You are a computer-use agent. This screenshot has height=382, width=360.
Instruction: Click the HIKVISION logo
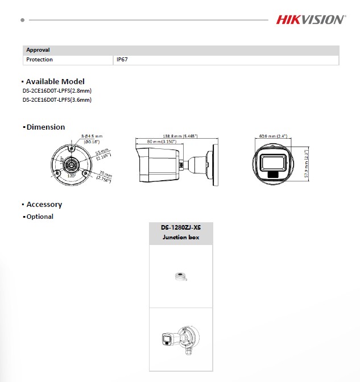tap(310, 20)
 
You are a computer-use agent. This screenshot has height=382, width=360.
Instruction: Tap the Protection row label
tap(39, 60)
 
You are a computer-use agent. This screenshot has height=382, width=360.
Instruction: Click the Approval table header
tap(38, 50)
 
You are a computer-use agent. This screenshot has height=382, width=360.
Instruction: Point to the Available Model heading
tap(55, 81)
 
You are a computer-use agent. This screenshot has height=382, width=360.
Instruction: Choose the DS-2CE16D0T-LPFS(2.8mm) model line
tap(57, 91)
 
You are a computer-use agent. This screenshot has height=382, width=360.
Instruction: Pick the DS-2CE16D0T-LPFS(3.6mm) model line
tap(57, 100)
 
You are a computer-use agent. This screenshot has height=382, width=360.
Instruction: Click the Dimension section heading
tap(45, 127)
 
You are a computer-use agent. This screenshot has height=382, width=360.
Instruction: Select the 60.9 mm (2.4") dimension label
tap(273, 136)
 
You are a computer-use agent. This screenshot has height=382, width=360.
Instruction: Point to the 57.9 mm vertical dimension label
tap(306, 165)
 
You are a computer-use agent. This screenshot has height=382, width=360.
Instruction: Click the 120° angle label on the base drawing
tap(72, 176)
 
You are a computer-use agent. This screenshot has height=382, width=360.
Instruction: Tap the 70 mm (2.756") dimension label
tap(104, 176)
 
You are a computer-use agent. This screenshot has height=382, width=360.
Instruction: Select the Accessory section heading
tap(44, 204)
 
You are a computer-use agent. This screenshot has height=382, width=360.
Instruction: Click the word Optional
tap(40, 217)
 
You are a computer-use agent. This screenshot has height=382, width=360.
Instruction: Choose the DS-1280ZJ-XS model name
tap(181, 227)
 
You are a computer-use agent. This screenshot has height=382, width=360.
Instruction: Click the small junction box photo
tap(181, 277)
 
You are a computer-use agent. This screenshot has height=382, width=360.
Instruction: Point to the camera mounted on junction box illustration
tap(180, 339)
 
